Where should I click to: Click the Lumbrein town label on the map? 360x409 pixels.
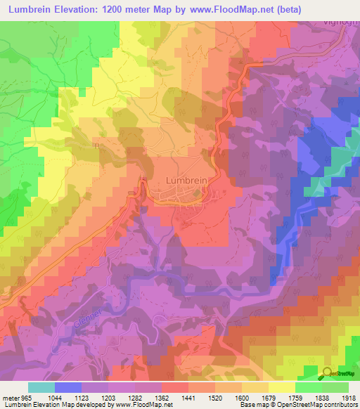point(186,180)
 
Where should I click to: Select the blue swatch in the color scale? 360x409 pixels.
point(68,387)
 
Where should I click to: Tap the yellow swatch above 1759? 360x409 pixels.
point(281,387)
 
